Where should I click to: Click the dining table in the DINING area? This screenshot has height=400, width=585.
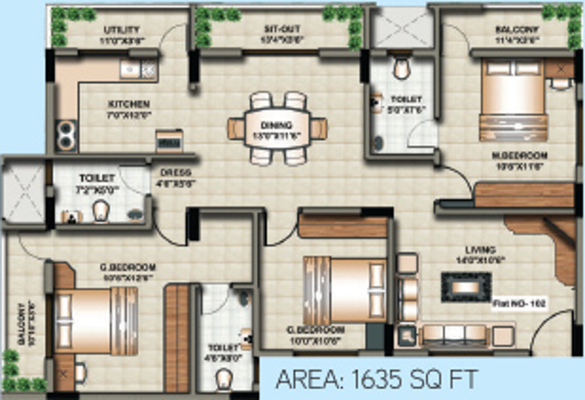(x=277, y=128)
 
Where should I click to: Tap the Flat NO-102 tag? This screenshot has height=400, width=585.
(x=519, y=301)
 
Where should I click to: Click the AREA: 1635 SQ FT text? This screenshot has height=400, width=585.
(x=377, y=379)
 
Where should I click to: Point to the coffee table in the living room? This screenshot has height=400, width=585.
(x=466, y=287)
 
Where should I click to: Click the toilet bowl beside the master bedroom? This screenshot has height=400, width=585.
(x=402, y=68)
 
